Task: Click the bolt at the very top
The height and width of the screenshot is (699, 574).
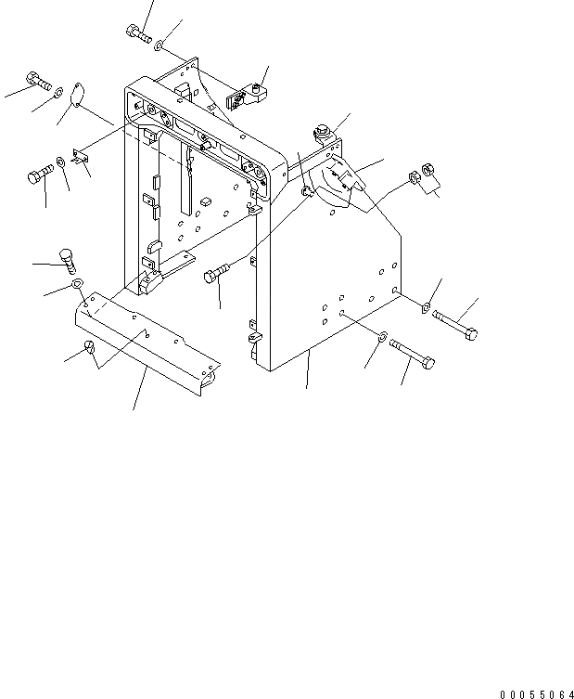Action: (x=137, y=34)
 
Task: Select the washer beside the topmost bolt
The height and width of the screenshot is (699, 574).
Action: (x=161, y=44)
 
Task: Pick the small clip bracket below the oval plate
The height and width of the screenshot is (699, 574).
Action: (x=81, y=160)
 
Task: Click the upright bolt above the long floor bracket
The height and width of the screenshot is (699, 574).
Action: (x=68, y=258)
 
